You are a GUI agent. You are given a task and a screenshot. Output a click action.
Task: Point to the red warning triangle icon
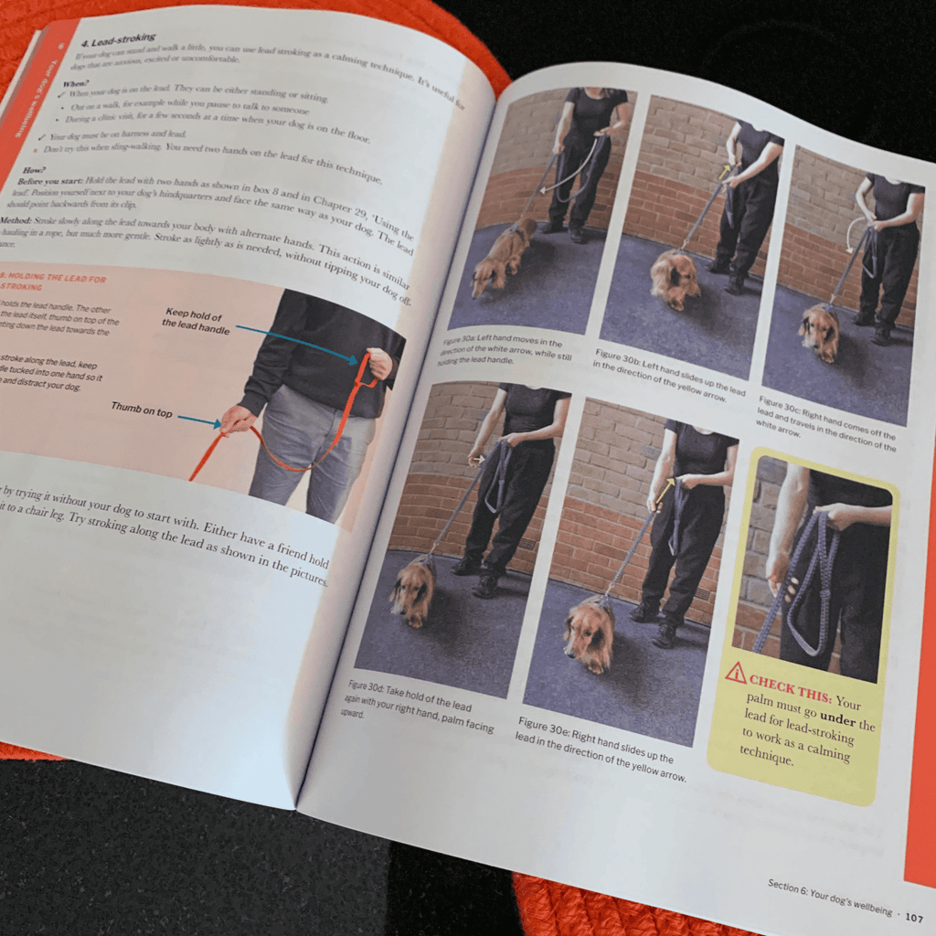pyautogui.click(x=736, y=675)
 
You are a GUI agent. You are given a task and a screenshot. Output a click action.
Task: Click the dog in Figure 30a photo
pyautogui.click(x=502, y=257)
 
